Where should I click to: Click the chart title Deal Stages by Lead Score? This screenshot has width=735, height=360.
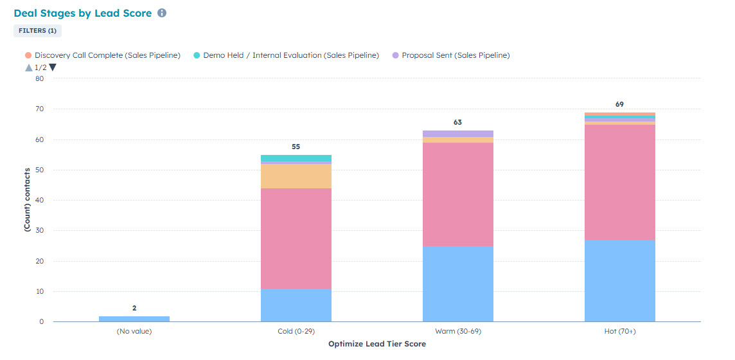82,13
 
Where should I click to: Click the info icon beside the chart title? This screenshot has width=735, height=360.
162,13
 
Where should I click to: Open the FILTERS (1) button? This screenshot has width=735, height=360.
37,30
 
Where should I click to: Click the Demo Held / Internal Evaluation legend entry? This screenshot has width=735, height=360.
290,55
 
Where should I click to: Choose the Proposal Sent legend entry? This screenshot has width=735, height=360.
455,55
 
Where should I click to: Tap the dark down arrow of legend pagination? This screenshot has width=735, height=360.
53,67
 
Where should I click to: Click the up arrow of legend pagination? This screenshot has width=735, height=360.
28,67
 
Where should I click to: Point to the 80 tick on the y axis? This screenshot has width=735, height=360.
39,79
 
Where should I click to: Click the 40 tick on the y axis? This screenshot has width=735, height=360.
39,201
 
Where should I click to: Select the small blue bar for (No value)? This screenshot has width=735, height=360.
134,319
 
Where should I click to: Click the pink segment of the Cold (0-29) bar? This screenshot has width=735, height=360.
296,238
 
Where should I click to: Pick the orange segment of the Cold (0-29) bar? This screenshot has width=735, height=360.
296,176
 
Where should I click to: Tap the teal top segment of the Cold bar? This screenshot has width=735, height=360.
296,158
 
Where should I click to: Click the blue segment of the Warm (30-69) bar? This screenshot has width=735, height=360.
458,283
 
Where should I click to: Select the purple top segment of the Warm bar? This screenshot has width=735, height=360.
458,134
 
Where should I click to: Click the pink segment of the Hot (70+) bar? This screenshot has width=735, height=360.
620,182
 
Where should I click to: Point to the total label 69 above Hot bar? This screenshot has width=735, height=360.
619,104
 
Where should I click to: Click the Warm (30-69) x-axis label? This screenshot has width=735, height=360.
458,332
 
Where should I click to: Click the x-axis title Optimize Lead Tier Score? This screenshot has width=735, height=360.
376,344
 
